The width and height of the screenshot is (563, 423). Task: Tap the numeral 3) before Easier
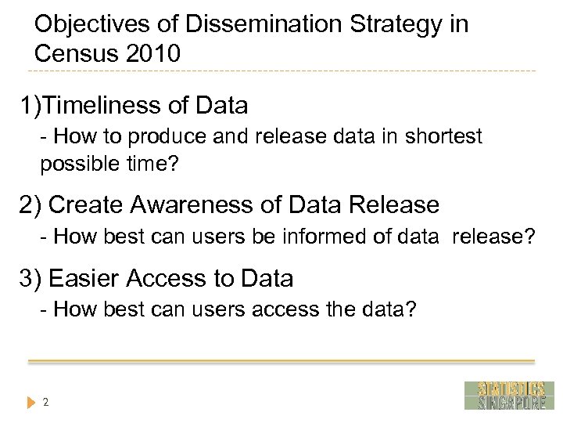[x=30, y=278]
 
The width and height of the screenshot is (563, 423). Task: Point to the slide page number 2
[x=46, y=403]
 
